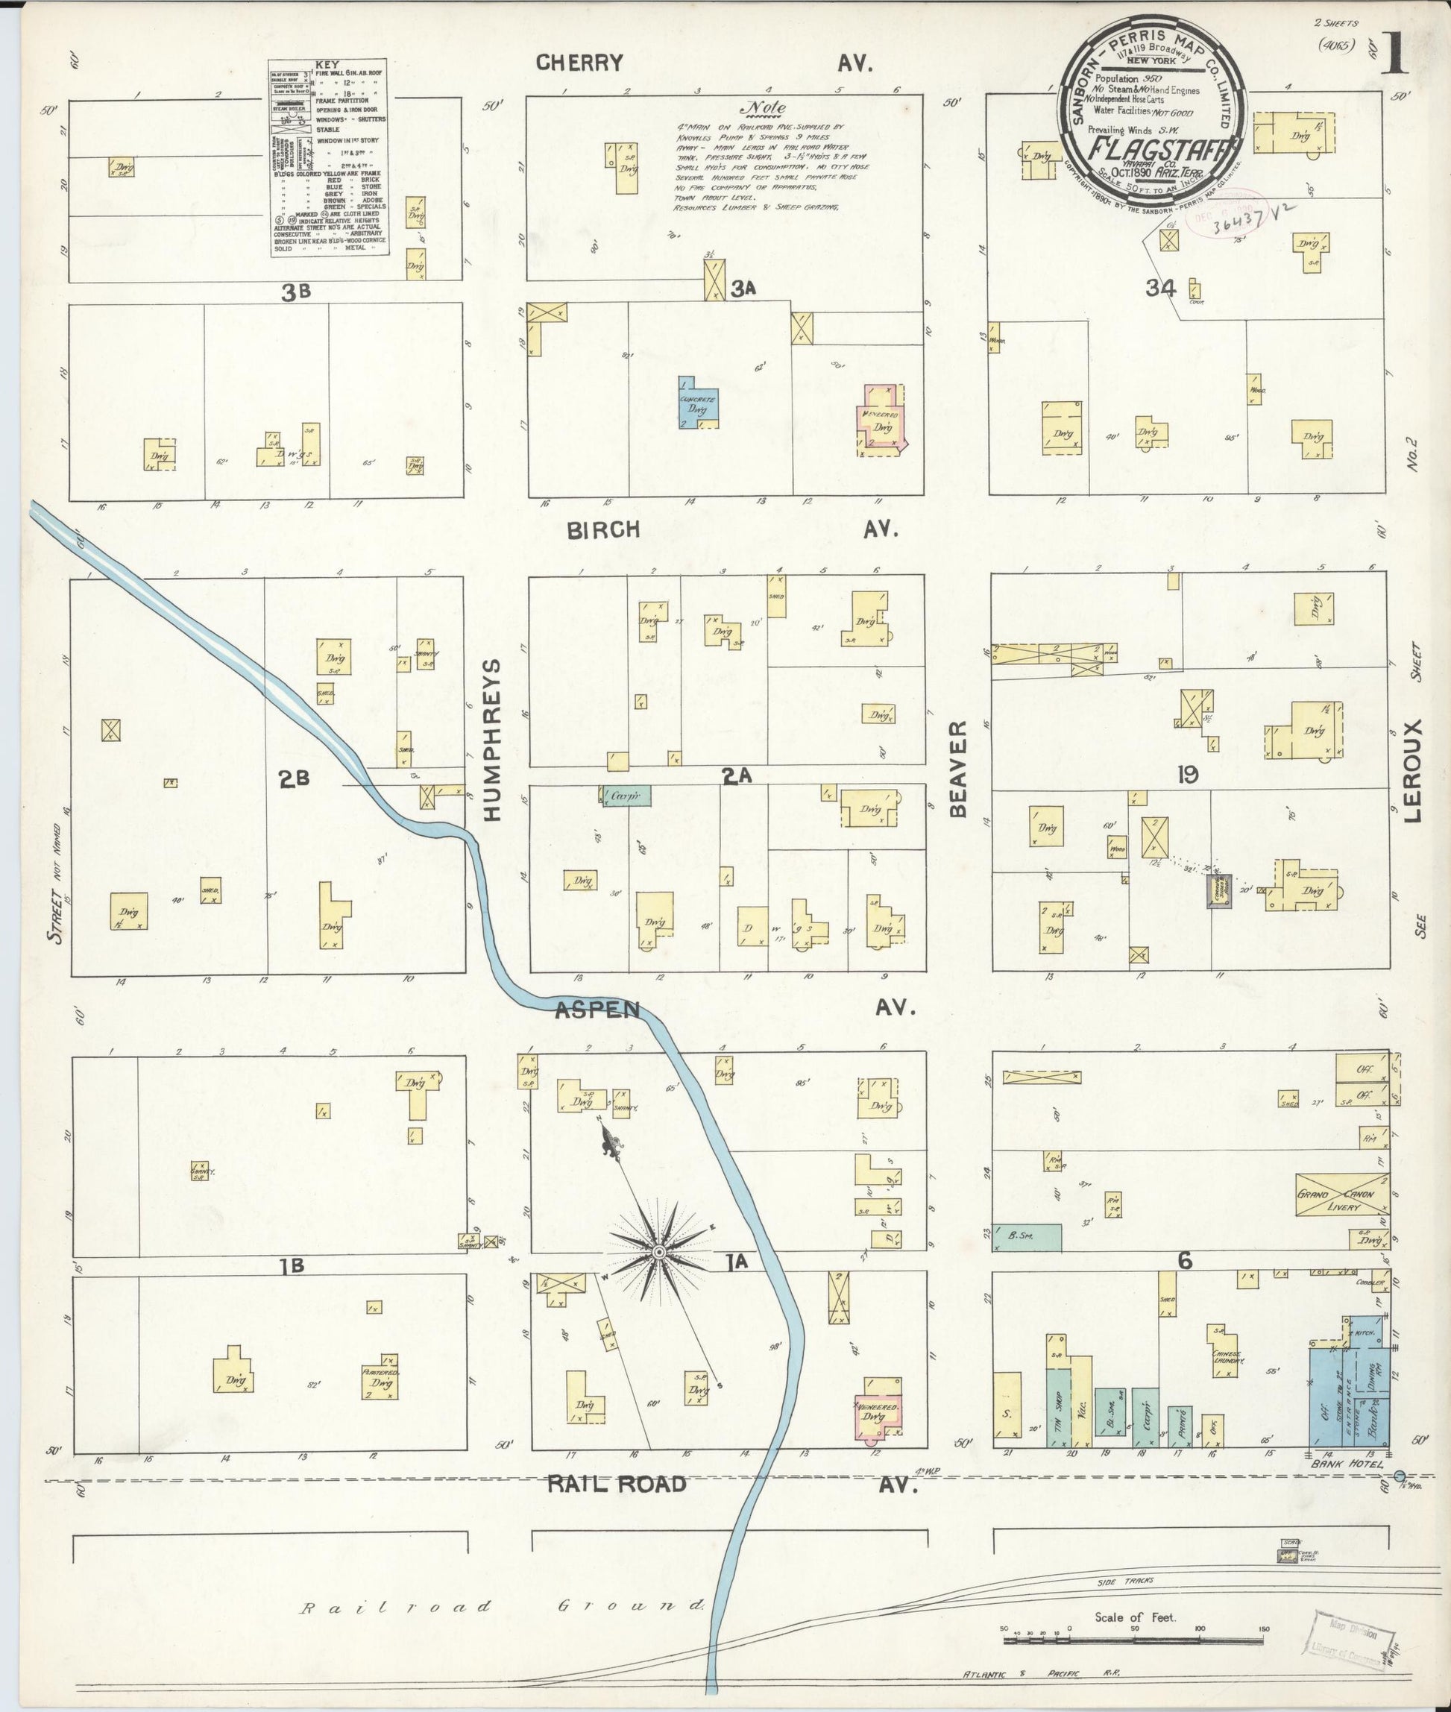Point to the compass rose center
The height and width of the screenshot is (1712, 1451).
pyautogui.click(x=658, y=1253)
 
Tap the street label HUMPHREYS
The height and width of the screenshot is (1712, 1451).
pyautogui.click(x=492, y=740)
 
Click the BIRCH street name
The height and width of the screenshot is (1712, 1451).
pyautogui.click(x=603, y=530)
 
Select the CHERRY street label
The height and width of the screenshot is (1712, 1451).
pyautogui.click(x=580, y=63)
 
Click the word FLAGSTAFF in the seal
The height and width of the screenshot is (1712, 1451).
pyautogui.click(x=1153, y=150)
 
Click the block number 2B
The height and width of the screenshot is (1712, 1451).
pyautogui.click(x=294, y=779)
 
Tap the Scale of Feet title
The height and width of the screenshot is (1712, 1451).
pyautogui.click(x=1135, y=1617)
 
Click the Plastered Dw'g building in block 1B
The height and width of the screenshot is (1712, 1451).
pyautogui.click(x=381, y=1376)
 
